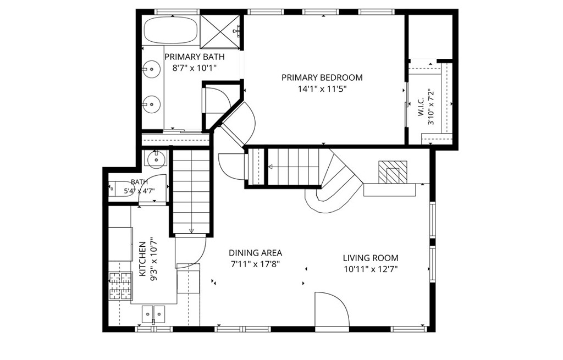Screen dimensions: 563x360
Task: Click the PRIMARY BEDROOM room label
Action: [x=322, y=77]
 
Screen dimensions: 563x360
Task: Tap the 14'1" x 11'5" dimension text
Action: [x=322, y=88]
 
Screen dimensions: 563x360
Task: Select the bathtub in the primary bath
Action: [x=170, y=30]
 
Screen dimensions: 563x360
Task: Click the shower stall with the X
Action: [x=220, y=31]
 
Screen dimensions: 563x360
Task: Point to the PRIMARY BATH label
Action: [x=194, y=57]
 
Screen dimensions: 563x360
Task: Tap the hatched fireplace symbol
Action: [x=393, y=172]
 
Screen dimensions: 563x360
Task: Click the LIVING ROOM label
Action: [x=371, y=258]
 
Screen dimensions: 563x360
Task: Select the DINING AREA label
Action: [x=255, y=253]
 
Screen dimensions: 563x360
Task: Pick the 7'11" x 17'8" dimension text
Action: [x=255, y=264]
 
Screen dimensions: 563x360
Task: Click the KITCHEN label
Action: [x=142, y=259]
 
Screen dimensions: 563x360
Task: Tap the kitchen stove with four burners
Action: [x=120, y=286]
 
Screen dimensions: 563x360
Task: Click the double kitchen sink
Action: [x=153, y=314]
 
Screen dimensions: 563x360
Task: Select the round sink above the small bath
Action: [x=156, y=158]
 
